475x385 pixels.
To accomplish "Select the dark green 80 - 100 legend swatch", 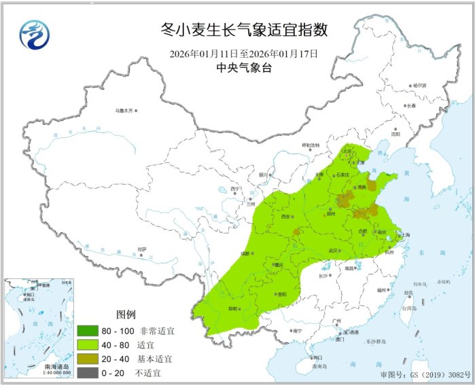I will [x=92, y=331].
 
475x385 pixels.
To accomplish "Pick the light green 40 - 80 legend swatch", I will [x=92, y=345].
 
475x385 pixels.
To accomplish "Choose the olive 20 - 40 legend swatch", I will [x=92, y=359].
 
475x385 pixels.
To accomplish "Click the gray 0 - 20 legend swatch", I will [x=92, y=372].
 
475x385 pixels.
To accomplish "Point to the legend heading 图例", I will [x=126, y=315].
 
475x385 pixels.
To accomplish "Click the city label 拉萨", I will [x=142, y=249].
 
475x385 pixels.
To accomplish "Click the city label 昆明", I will [x=233, y=308].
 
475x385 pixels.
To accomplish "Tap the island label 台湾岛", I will [x=409, y=307].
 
